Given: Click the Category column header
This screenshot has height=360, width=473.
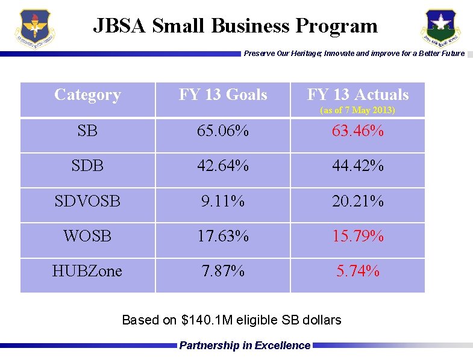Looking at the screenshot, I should click(87, 95).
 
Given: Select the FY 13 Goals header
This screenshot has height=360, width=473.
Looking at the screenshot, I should click(223, 95).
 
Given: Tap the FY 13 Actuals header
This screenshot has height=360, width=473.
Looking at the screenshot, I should click(358, 95).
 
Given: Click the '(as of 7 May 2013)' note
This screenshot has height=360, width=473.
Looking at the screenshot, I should click(358, 110).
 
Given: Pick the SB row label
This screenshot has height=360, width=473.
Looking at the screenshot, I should click(87, 131).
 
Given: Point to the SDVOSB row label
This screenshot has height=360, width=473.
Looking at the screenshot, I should click(87, 201).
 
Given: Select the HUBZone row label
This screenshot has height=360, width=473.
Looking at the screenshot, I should click(87, 272).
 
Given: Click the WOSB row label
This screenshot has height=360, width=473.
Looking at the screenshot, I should click(87, 236).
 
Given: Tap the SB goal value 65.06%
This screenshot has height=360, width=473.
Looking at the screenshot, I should click(223, 131).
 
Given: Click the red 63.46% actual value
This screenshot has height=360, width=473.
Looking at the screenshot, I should click(358, 131).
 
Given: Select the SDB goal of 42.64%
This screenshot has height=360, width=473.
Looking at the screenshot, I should click(223, 166).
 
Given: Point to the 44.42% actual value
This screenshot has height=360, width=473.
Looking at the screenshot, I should click(358, 166).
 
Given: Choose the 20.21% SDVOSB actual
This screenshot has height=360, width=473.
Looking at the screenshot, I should click(358, 201).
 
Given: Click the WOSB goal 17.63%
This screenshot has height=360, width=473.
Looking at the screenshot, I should click(223, 236).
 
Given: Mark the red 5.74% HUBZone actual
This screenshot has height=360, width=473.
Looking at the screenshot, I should click(358, 272).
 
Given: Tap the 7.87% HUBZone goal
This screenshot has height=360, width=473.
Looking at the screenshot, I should click(223, 272).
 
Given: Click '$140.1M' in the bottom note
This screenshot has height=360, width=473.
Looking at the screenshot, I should click(204, 320).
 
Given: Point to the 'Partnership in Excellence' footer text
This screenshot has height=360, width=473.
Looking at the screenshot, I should click(245, 346).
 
